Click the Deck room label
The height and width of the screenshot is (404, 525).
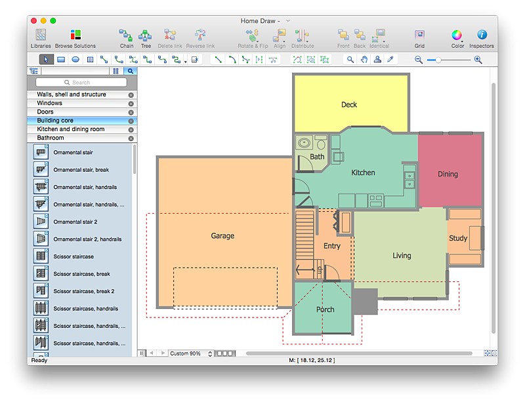[349, 105]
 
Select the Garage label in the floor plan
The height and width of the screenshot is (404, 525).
[222, 236]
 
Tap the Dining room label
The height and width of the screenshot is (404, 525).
[448, 174]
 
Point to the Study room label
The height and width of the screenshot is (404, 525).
[458, 239]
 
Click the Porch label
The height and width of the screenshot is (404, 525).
[325, 310]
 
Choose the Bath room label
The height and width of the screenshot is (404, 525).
[317, 157]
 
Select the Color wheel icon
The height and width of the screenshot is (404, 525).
[457, 35]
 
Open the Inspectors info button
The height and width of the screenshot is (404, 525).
[482, 35]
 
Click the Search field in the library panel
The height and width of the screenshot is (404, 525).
[81, 83]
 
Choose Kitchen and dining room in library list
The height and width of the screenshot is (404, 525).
[71, 129]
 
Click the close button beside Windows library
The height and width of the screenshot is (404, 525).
[131, 104]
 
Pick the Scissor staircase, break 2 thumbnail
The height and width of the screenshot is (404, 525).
[41, 291]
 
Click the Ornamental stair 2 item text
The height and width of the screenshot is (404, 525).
[75, 222]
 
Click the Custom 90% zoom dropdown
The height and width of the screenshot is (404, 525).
[191, 353]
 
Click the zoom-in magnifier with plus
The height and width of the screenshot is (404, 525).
[478, 60]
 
